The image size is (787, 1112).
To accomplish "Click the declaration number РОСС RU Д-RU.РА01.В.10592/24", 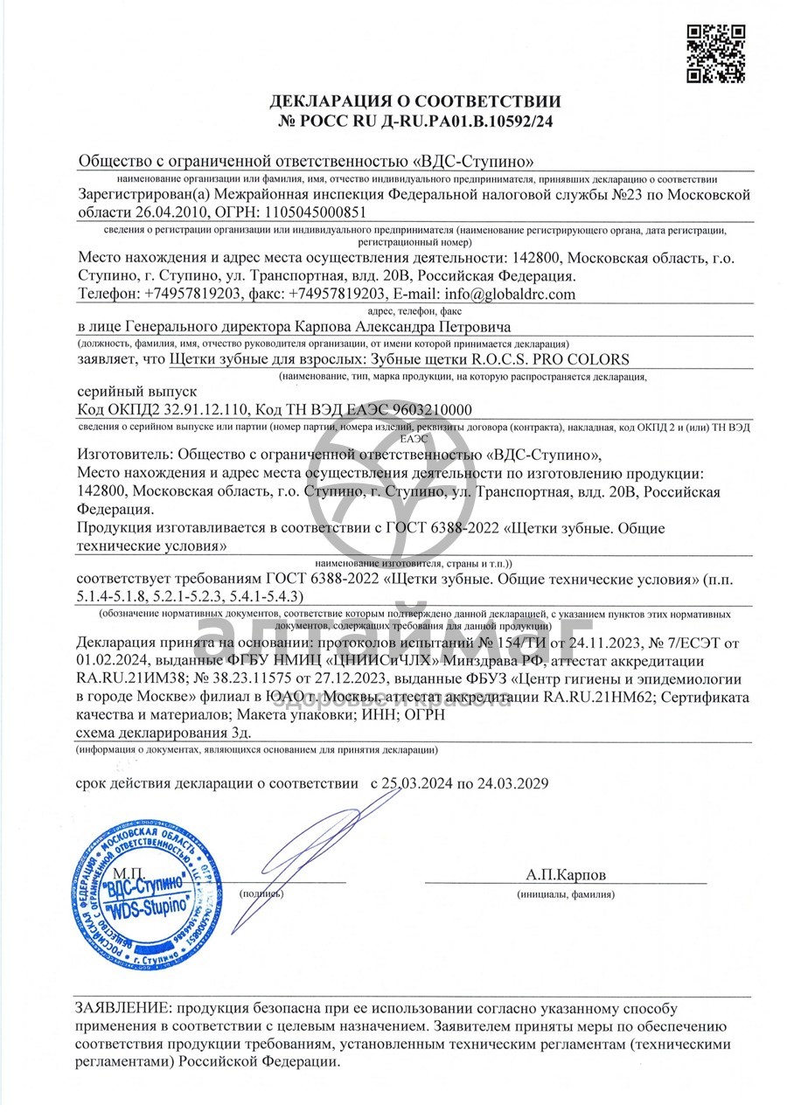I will coord(415,122).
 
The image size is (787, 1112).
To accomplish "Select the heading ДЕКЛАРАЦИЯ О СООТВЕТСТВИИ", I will coord(415,101).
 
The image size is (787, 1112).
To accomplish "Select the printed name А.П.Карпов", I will coord(565,874).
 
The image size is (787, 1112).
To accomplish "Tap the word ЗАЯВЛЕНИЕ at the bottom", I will coord(118,1007).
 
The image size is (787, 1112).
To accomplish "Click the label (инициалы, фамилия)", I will coord(565,894).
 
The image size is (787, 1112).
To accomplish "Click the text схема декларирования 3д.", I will coord(150,733).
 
